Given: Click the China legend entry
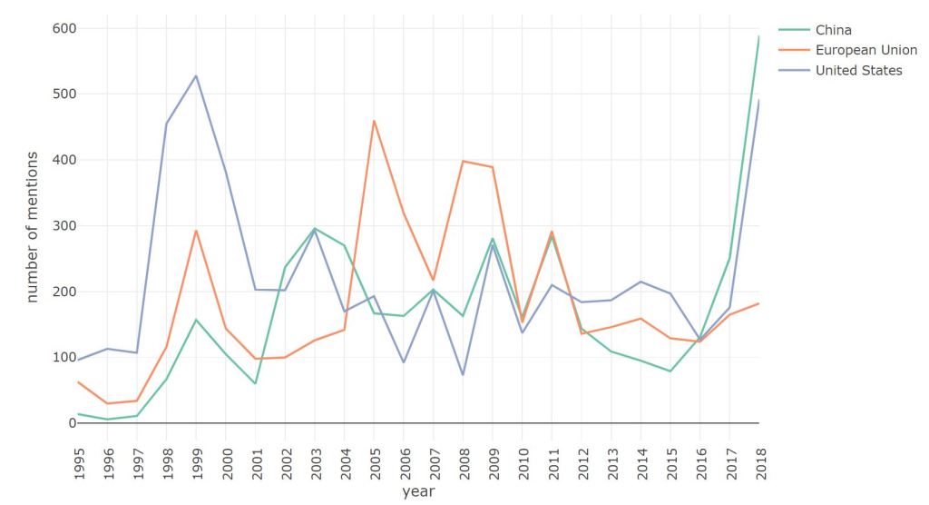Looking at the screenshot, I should click(833, 30).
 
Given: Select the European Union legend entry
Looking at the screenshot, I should click(865, 50).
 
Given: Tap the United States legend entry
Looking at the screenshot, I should click(858, 70).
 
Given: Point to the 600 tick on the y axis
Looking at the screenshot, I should click(64, 28).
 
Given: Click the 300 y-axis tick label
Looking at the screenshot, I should click(64, 225).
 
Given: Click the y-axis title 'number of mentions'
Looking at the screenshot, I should click(32, 226).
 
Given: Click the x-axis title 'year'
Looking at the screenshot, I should click(418, 491).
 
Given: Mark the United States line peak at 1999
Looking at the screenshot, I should click(196, 75).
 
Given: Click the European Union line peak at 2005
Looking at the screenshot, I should click(374, 121).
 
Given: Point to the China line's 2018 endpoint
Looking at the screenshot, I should click(759, 36).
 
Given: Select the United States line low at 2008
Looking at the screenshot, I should click(463, 374).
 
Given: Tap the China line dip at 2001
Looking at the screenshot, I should click(255, 383).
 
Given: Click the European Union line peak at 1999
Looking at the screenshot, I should click(196, 231).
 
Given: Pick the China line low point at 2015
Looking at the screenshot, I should click(670, 371).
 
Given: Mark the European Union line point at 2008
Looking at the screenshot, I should click(463, 161).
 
